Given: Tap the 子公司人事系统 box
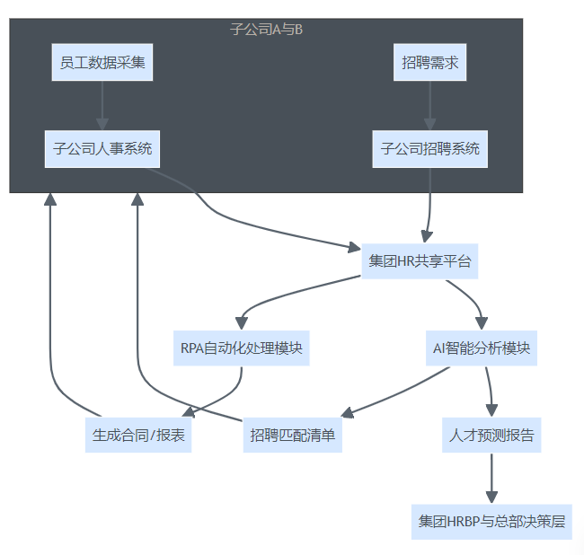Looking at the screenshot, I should [x=102, y=148].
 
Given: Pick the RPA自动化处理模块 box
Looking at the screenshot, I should [x=242, y=348].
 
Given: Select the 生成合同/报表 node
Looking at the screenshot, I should [x=138, y=436].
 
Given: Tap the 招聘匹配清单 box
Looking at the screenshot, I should [x=293, y=436].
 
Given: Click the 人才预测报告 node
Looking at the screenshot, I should [x=491, y=436].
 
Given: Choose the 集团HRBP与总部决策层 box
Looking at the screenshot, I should [x=491, y=521].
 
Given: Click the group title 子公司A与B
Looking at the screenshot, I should [x=267, y=30].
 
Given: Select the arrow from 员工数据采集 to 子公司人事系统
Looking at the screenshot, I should [x=102, y=105].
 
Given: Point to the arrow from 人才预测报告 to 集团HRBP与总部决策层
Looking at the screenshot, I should [x=491, y=478].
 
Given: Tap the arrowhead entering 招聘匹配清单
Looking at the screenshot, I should [x=350, y=414].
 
